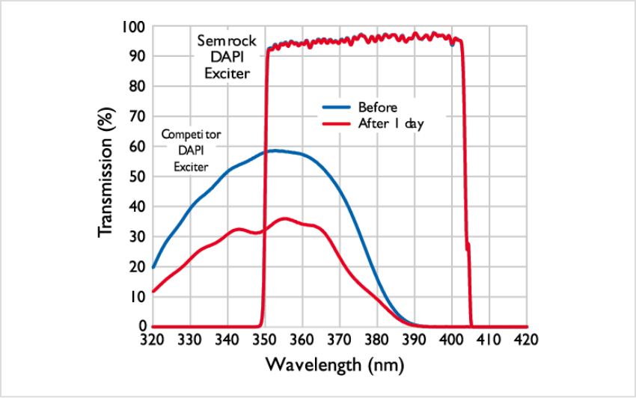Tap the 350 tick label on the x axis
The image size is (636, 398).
pyautogui.click(x=264, y=341)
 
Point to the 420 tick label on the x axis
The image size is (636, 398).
pyautogui.click(x=527, y=341)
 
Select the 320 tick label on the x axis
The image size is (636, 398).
pyautogui.click(x=152, y=341)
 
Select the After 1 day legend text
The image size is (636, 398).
pyautogui.click(x=391, y=123)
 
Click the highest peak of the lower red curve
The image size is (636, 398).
pyautogui.click(x=284, y=218)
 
